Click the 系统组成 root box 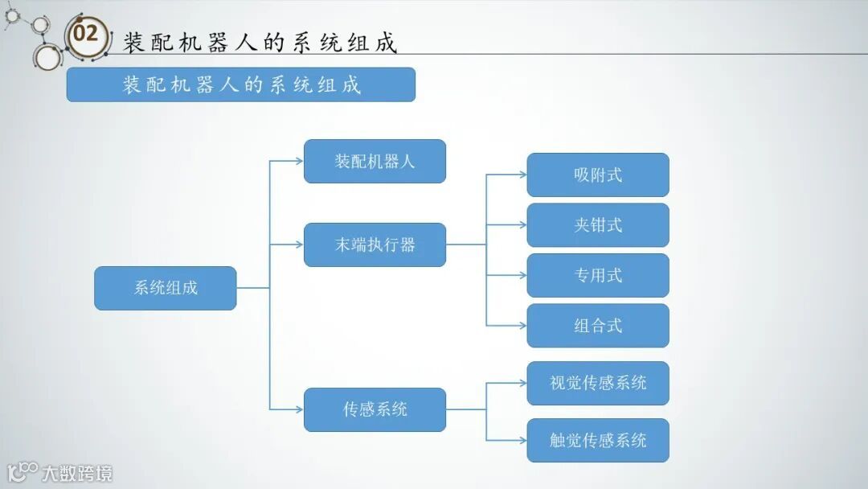(166, 288)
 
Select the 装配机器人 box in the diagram (375, 161)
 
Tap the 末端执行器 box (375, 244)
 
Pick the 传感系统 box (375, 409)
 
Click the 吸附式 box (598, 175)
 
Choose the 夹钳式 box (598, 225)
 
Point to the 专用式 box (598, 275)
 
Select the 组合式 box (598, 326)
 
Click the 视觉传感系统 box (598, 383)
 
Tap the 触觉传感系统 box (598, 440)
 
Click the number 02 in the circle (85, 34)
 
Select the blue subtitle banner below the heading (240, 84)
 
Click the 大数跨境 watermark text (77, 473)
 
